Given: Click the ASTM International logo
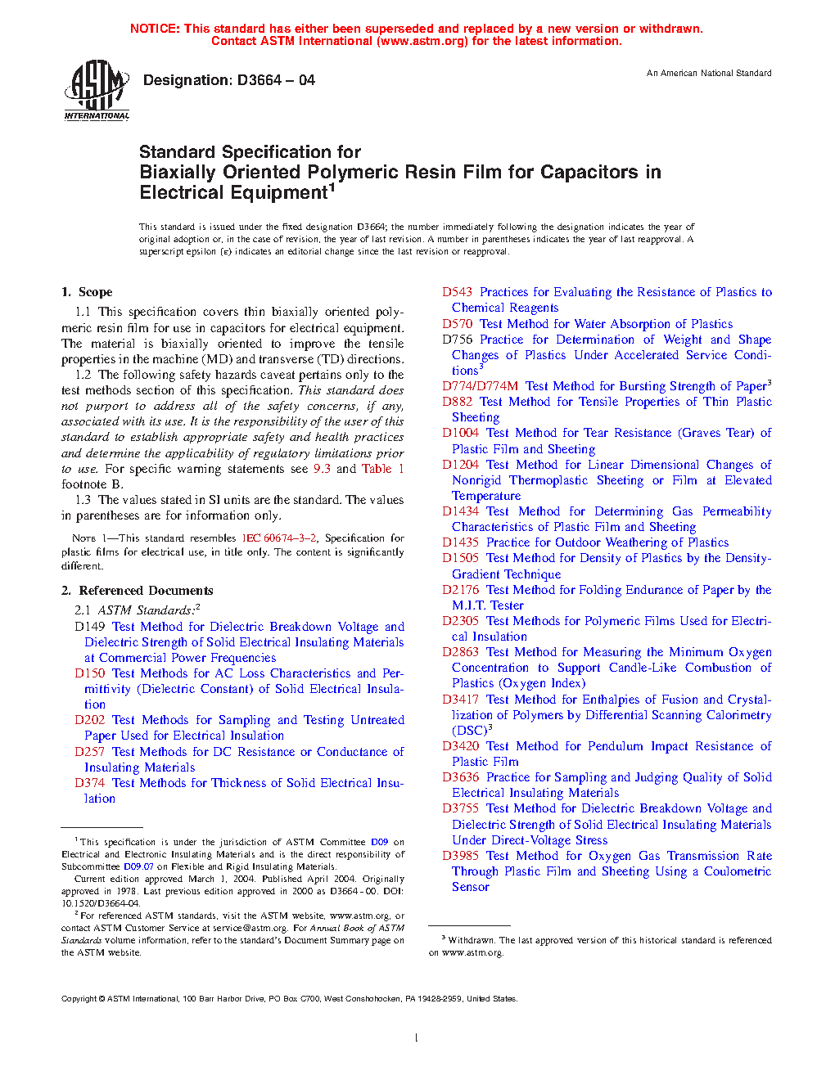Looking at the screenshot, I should [97, 90].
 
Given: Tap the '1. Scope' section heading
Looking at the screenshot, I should [87, 292].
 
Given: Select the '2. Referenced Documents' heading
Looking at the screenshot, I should [138, 591].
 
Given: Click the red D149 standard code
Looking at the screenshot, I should [89, 627].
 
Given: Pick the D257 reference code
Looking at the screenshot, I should [89, 752].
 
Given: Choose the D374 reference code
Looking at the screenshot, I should [89, 783].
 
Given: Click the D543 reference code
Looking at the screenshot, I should [457, 292].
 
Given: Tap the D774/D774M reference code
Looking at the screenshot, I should [480, 386].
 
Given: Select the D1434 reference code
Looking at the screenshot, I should [460, 511].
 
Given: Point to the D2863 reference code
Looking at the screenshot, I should [460, 652].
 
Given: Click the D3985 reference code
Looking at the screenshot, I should [460, 856].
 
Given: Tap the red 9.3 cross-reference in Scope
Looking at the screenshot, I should [322, 469].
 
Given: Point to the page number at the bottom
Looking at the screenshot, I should [417, 1038].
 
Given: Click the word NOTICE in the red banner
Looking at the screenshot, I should [155, 29].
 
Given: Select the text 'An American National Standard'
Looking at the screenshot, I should [709, 74].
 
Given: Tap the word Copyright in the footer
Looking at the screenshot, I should [79, 999].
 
